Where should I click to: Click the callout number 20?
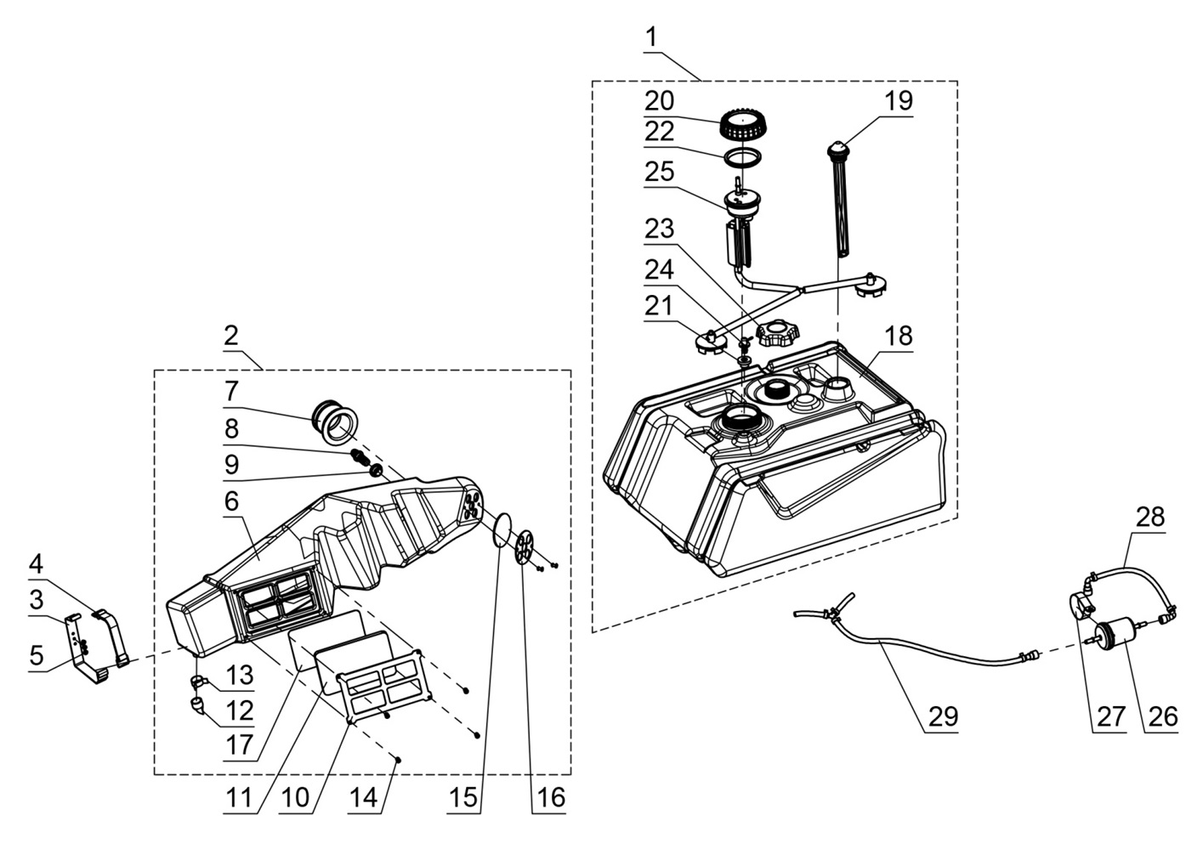(660, 100)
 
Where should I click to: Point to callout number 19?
(898, 100)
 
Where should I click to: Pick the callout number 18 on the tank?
(898, 336)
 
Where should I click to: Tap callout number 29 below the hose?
(943, 716)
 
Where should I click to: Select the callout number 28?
(1149, 516)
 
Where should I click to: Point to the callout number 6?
(231, 501)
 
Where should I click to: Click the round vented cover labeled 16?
(525, 546)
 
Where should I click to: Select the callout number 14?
(363, 799)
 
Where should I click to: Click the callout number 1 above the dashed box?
(651, 37)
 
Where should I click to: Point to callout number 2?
(231, 335)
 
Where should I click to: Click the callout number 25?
(660, 172)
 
